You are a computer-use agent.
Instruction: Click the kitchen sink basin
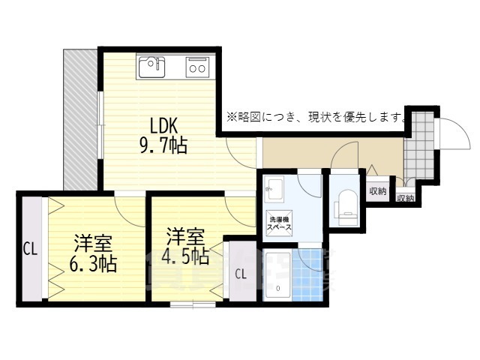click(151, 67)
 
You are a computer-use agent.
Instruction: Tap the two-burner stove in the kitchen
click(197, 67)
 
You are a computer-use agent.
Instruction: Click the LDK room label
click(163, 125)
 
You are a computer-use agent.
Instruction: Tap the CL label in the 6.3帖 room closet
click(31, 249)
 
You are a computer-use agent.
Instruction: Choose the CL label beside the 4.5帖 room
click(241, 274)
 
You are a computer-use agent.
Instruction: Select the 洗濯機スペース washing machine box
click(280, 223)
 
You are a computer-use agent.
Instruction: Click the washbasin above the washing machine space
click(274, 189)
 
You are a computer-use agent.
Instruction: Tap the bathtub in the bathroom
click(277, 275)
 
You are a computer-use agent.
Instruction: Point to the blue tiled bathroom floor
click(307, 275)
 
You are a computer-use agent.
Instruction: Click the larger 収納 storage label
click(378, 191)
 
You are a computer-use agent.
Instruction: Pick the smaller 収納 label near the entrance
click(406, 198)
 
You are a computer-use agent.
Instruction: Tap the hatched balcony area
click(81, 119)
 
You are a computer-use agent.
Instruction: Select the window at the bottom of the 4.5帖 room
click(193, 304)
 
